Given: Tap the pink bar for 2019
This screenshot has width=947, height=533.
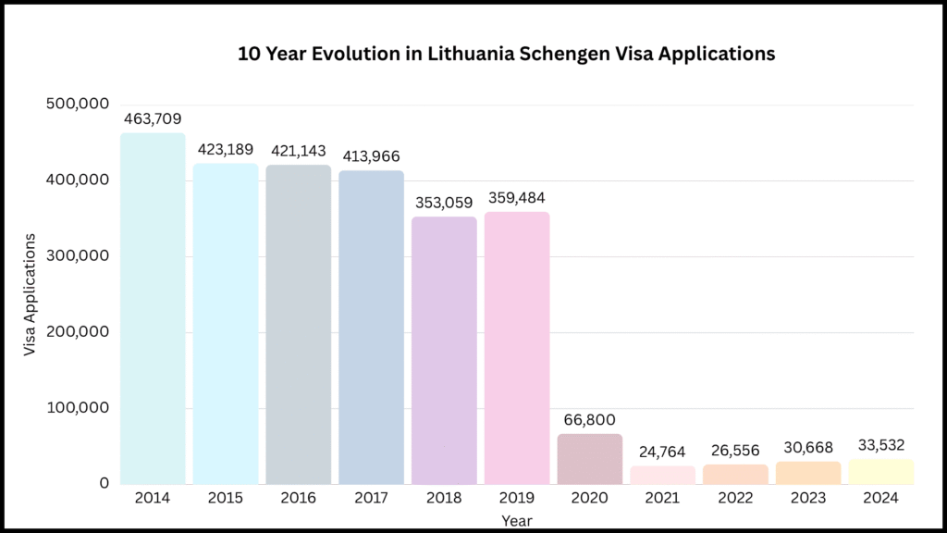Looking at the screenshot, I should tap(517, 348).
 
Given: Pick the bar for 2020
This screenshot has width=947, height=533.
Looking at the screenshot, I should tap(590, 459).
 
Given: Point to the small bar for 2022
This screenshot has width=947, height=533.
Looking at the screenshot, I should tap(736, 474).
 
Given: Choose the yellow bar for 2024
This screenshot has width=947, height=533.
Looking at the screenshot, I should tap(880, 471).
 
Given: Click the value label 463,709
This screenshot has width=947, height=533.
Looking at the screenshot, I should tap(153, 118).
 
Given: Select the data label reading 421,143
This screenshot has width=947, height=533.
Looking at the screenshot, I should tap(299, 151).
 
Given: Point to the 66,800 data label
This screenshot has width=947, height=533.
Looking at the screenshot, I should tap(590, 420).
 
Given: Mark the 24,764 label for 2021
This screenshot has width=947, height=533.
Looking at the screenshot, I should tap(663, 452).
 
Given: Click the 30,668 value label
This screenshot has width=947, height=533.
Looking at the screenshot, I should tap(808, 447).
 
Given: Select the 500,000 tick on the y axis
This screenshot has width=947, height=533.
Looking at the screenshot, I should tap(78, 104).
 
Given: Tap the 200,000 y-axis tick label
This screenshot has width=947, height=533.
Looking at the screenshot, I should tap(78, 331).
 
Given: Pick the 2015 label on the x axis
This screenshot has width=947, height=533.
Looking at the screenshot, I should tap(226, 498).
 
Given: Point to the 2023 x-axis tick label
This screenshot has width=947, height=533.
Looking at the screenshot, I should tap(808, 498).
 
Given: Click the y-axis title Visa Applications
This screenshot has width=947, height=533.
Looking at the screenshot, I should tap(31, 294).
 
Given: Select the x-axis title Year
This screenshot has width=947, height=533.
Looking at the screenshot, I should tap(517, 521).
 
